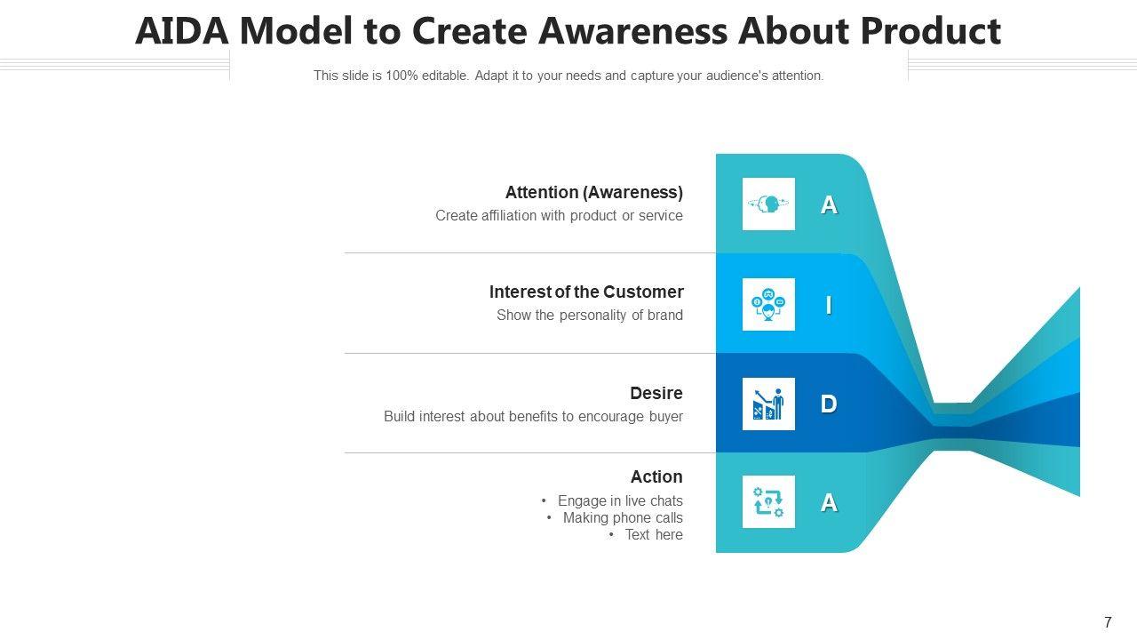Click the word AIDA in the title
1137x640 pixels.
[182, 31]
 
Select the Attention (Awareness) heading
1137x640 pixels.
[593, 192]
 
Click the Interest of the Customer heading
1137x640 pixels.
[585, 292]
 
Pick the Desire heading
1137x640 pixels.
[656, 393]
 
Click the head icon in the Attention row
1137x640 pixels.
[768, 204]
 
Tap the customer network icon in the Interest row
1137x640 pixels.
[768, 305]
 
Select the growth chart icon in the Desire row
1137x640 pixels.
[768, 404]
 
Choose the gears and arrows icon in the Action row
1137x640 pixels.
[768, 502]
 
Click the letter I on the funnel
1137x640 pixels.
[829, 305]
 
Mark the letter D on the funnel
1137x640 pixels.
[829, 404]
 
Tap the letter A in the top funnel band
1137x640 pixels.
[829, 205]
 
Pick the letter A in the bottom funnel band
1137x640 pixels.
[829, 503]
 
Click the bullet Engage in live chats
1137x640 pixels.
[619, 500]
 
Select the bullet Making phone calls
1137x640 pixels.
[622, 517]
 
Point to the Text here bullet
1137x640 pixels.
[653, 534]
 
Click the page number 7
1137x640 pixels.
[1108, 623]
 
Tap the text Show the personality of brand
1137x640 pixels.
[589, 315]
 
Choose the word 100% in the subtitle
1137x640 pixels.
[402, 76]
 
